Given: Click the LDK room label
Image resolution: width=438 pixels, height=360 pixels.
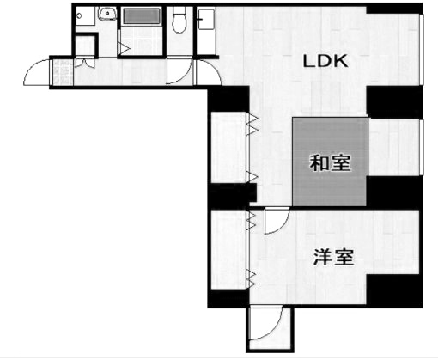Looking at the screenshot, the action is (325, 61).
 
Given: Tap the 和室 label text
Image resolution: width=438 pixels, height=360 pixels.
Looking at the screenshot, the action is (330, 162).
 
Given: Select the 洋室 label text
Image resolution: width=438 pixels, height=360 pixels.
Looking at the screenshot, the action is (334, 257).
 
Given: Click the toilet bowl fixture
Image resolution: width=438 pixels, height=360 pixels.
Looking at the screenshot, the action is (179, 21).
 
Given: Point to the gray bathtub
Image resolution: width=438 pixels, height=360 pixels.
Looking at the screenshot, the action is (142, 16).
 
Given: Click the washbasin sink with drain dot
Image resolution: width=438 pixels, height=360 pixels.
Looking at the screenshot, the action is (107, 14).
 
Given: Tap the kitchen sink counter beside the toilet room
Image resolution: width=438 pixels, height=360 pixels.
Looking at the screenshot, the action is (206, 19).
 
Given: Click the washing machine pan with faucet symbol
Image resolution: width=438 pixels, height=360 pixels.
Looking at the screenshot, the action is (85, 16).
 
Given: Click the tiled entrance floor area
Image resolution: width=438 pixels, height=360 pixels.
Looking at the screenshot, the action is (62, 72).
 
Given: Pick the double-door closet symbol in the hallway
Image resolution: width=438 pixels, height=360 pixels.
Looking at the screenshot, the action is (84, 63).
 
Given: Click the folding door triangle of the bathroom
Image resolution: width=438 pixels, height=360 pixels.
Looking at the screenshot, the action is (125, 48).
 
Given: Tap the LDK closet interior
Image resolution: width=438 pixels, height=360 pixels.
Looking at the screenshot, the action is (228, 148).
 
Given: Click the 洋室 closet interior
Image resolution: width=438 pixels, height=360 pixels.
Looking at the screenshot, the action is (228, 250).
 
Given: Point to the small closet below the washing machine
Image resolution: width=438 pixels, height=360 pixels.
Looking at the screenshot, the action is (85, 46).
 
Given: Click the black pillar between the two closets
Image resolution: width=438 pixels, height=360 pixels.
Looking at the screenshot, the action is (232, 196).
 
